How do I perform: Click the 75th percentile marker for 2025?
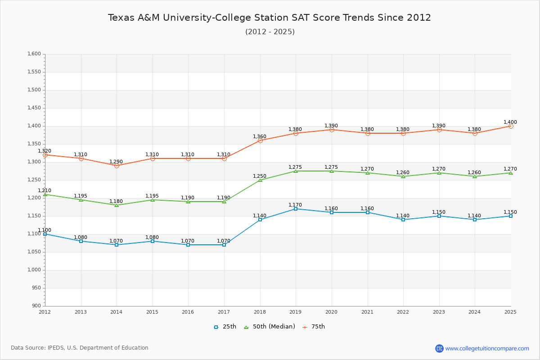point(511,126)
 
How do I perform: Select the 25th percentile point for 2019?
point(296,209)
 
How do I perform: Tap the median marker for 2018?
point(260,180)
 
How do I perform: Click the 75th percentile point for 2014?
point(117,166)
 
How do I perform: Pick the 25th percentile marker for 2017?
point(224,245)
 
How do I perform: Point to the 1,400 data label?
point(510,122)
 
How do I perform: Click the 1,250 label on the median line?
point(260,176)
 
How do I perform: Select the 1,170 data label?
point(295,205)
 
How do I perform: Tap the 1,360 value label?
point(260,136)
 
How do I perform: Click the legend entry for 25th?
point(225,327)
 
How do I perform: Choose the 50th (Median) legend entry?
point(269,327)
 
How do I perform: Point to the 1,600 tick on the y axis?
point(34,54)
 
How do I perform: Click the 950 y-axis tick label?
point(36,288)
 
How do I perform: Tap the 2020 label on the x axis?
point(332,312)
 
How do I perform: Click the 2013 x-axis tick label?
point(81,312)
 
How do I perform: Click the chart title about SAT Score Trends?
point(270,18)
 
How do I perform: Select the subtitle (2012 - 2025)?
point(270,31)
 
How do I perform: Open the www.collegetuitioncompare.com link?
point(487,348)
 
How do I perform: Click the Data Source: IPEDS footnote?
point(80,348)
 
